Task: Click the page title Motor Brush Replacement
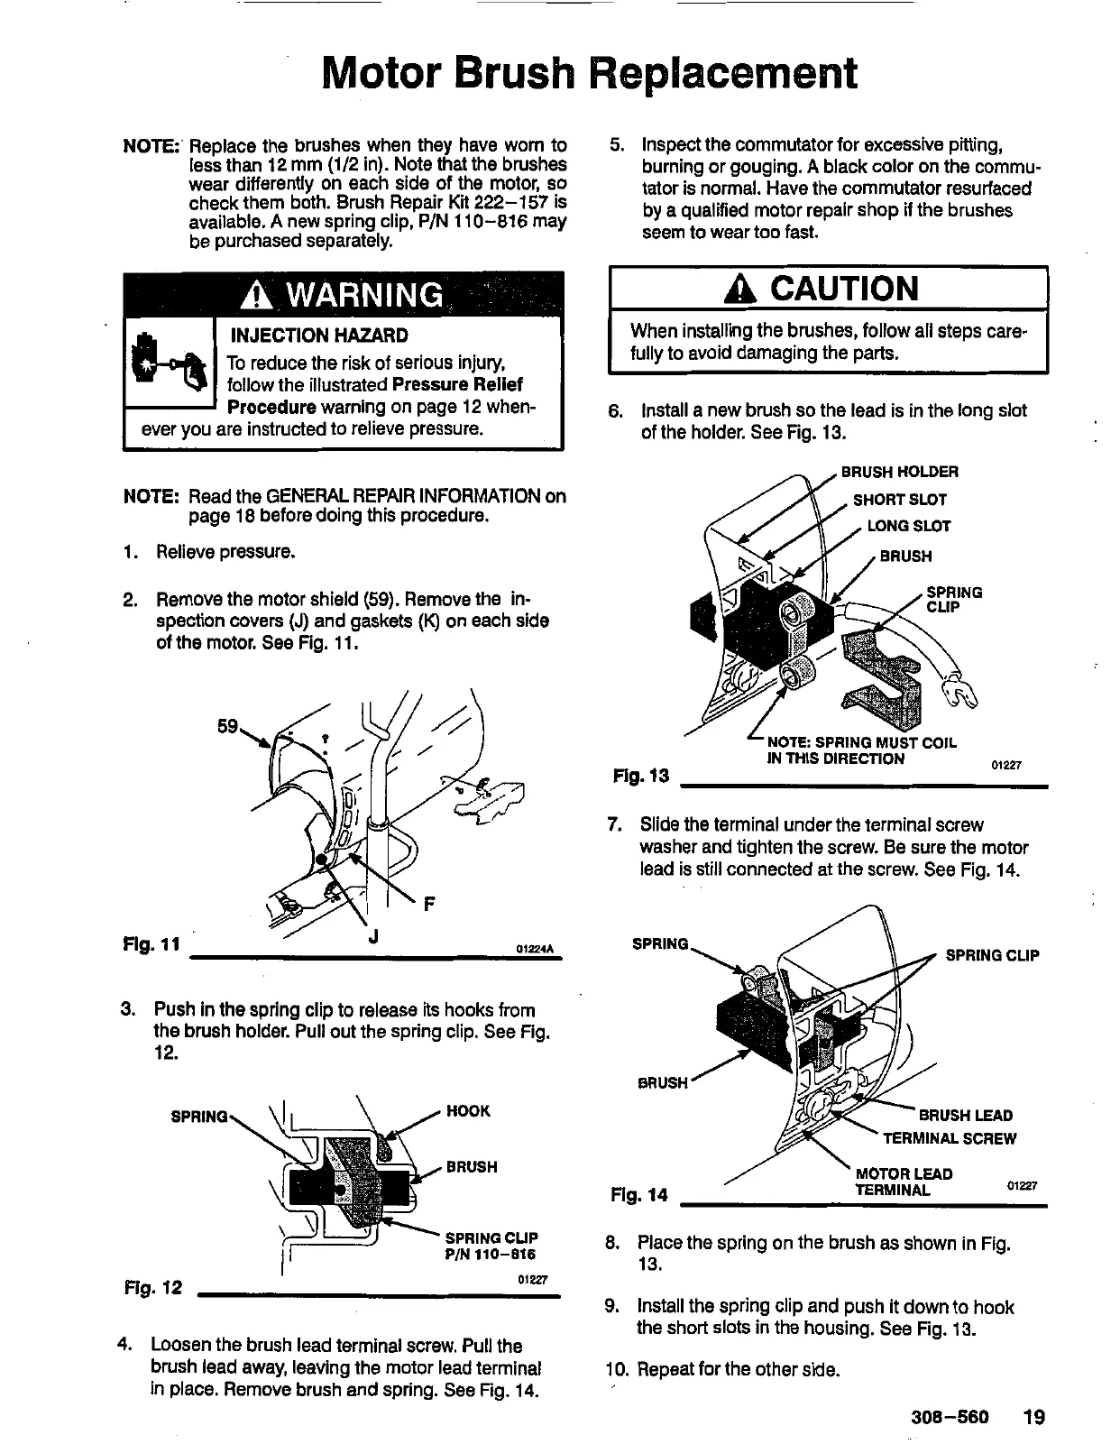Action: pyautogui.click(x=589, y=74)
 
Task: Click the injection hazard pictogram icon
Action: pyautogui.click(x=168, y=363)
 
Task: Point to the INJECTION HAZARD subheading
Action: pyautogui.click(x=319, y=336)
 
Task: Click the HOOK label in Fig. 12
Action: pyautogui.click(x=468, y=1111)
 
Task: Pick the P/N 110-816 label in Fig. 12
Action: pyautogui.click(x=491, y=1255)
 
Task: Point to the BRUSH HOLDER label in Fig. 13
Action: pyautogui.click(x=899, y=472)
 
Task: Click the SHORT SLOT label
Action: pyautogui.click(x=899, y=500)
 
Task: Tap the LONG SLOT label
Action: pyautogui.click(x=908, y=526)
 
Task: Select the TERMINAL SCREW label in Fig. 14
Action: pyautogui.click(x=949, y=1138)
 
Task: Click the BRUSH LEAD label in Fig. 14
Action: pyautogui.click(x=965, y=1116)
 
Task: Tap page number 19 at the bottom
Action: pyautogui.click(x=1033, y=1416)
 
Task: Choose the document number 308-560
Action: pyautogui.click(x=950, y=1416)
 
